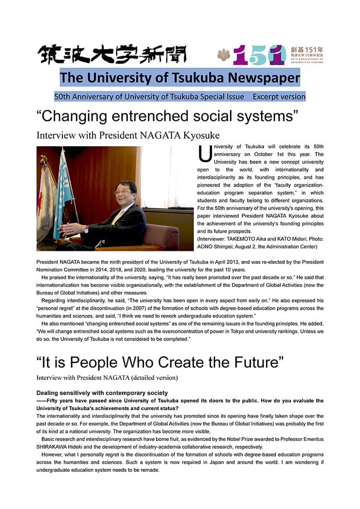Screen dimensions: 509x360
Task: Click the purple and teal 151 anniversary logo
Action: pos(259,56)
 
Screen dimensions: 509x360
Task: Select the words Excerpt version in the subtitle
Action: pos(279,96)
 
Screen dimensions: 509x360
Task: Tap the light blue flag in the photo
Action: pos(62,189)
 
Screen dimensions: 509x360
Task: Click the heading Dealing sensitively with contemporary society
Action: pos(102,393)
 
